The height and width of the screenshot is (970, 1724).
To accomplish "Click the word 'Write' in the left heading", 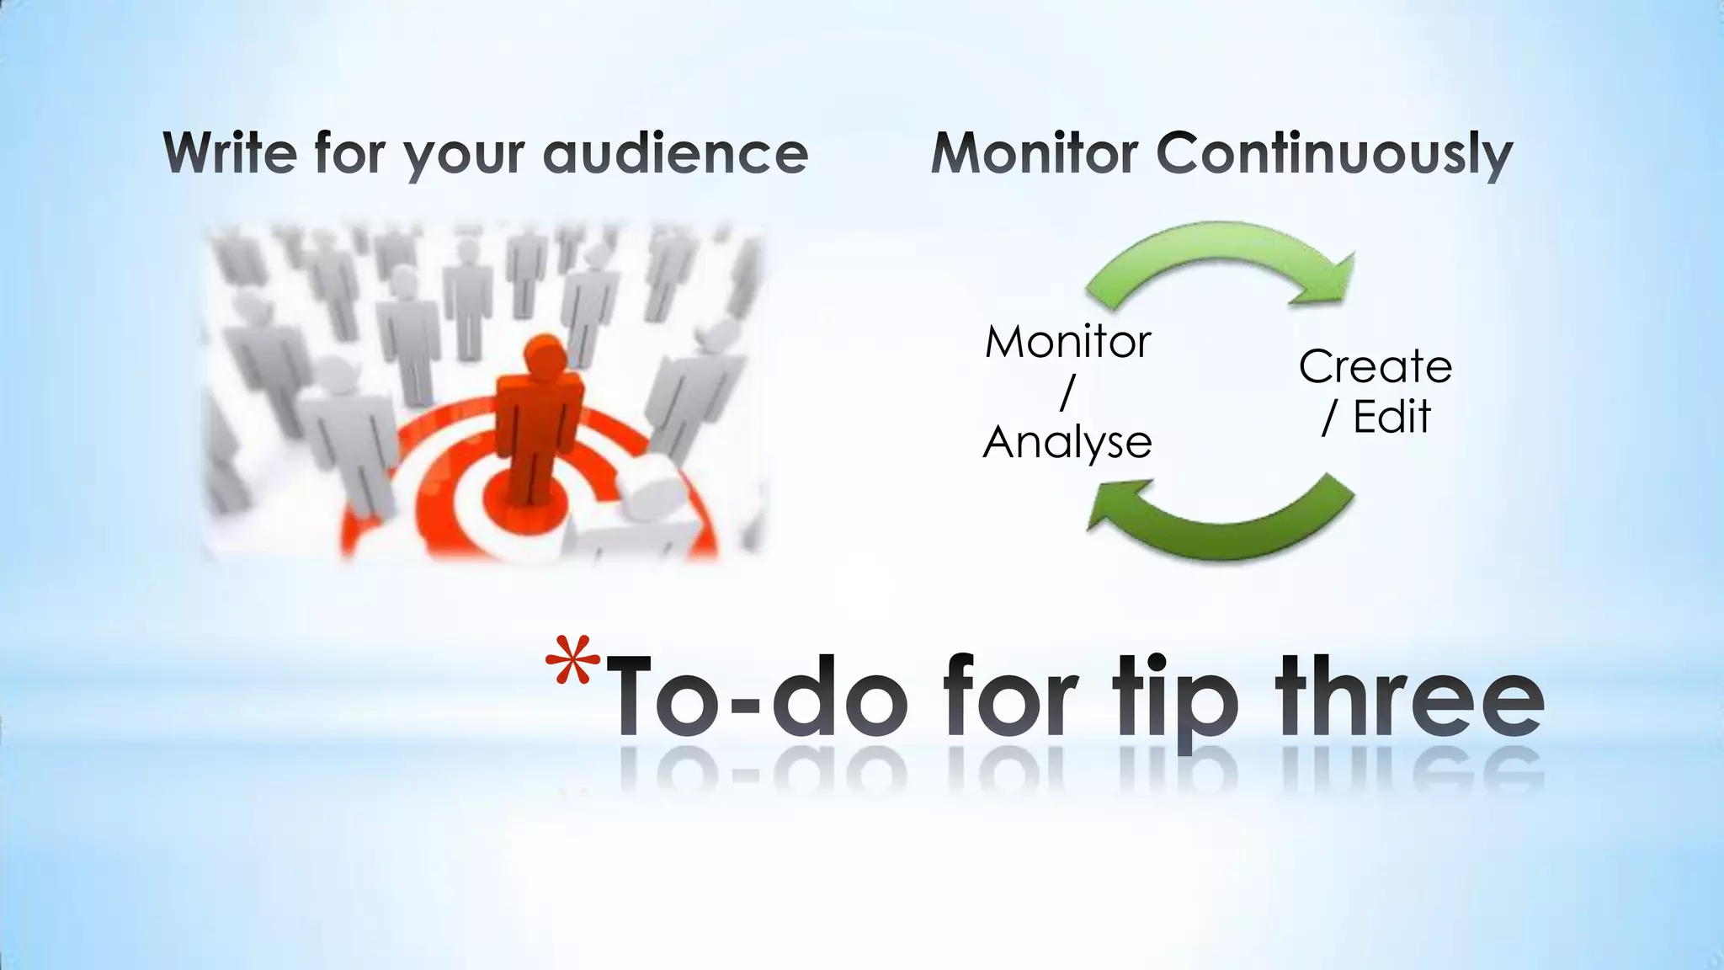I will coord(230,153).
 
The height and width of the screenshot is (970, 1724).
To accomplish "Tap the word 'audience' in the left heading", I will coord(676,153).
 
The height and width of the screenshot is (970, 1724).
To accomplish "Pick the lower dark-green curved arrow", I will coord(1229,530).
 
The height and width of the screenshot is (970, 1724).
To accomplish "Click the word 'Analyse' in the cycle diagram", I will coord(1067,442).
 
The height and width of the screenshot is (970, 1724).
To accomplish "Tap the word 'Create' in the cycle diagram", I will coord(1375,367).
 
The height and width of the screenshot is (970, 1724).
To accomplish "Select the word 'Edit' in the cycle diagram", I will coord(1391,417).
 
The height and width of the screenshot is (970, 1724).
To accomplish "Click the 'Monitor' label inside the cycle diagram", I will coord(1067,342).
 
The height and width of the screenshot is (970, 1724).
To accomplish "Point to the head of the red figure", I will coord(543,354).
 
